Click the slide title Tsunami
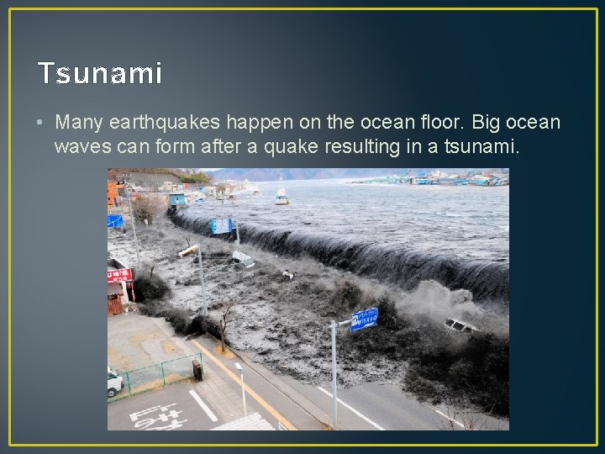pyautogui.click(x=100, y=74)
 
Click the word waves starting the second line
pyautogui.click(x=80, y=147)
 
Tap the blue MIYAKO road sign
pyautogui.click(x=364, y=319)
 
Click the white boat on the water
pyautogui.click(x=281, y=196)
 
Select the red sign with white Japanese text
pyautogui.click(x=119, y=274)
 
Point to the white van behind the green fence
pyautogui.click(x=115, y=382)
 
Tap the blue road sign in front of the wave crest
pyautogui.click(x=221, y=225)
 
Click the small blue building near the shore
pyautogui.click(x=176, y=199)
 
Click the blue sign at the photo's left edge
pyautogui.click(x=115, y=221)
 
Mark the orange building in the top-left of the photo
pyautogui.click(x=113, y=194)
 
